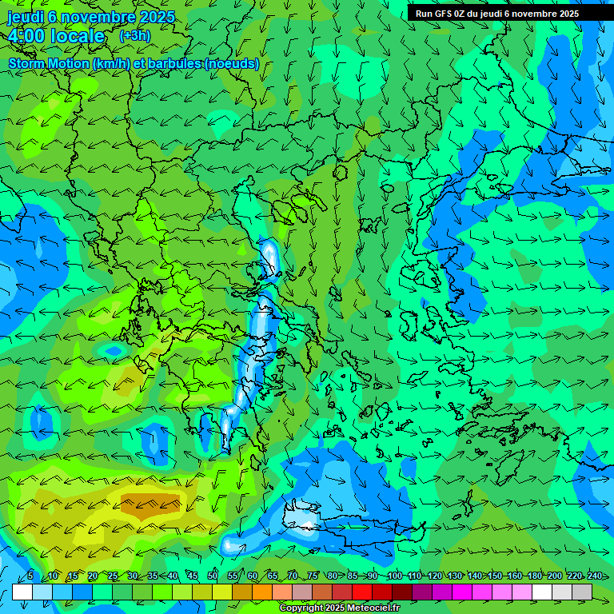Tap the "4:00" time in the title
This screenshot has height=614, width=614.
pyautogui.click(x=27, y=36)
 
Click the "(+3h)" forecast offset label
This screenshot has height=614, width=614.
pyautogui.click(x=134, y=35)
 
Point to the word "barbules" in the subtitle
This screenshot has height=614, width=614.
pyautogui.click(x=173, y=64)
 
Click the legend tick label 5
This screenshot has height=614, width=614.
pyautogui.click(x=30, y=576)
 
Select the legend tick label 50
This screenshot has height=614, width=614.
pyautogui.click(x=213, y=576)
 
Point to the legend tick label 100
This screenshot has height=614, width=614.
pyautogui.click(x=394, y=576)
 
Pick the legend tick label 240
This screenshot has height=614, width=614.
pyautogui.click(x=594, y=576)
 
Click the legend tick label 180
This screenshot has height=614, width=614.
pyautogui.click(x=534, y=576)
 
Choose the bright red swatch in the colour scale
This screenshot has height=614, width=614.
pyautogui.click(x=362, y=592)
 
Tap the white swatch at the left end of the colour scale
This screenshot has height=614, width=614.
pyautogui.click(x=22, y=592)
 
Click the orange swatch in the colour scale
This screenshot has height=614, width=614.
pyautogui.click(x=242, y=592)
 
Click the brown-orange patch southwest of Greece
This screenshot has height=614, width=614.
pyautogui.click(x=150, y=503)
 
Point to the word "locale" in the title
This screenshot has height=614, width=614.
pyautogui.click(x=78, y=36)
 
